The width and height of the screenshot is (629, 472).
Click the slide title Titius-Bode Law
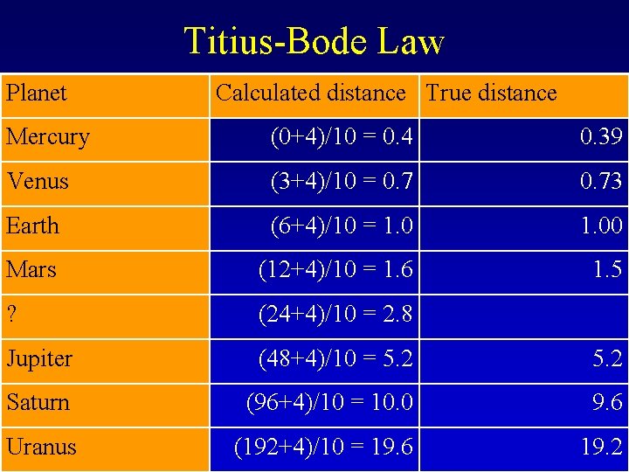pos(314,40)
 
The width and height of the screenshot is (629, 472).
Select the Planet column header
pos(37,93)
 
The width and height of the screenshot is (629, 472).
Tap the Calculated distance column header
pos(311,93)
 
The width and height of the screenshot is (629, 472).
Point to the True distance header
pos(491,93)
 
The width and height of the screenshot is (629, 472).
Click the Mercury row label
pos(48,137)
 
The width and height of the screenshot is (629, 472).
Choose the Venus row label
pos(38,181)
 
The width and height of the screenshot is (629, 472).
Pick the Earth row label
pos(33,226)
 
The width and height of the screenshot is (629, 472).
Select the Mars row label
pos(31,269)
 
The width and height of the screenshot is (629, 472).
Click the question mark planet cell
pos(11,314)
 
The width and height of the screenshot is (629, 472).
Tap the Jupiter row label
pos(39,358)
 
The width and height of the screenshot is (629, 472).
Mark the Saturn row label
pos(38,403)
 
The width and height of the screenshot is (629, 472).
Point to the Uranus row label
pos(41,447)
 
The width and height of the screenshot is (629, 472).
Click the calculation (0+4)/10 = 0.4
pos(342,137)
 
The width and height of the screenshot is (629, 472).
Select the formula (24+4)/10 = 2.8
pos(335,314)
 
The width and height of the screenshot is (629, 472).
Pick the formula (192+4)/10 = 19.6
pos(324,447)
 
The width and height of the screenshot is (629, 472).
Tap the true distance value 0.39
pos(601,137)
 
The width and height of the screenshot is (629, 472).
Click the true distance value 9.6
pos(607,403)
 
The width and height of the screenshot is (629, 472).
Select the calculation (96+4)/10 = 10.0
pos(329,403)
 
